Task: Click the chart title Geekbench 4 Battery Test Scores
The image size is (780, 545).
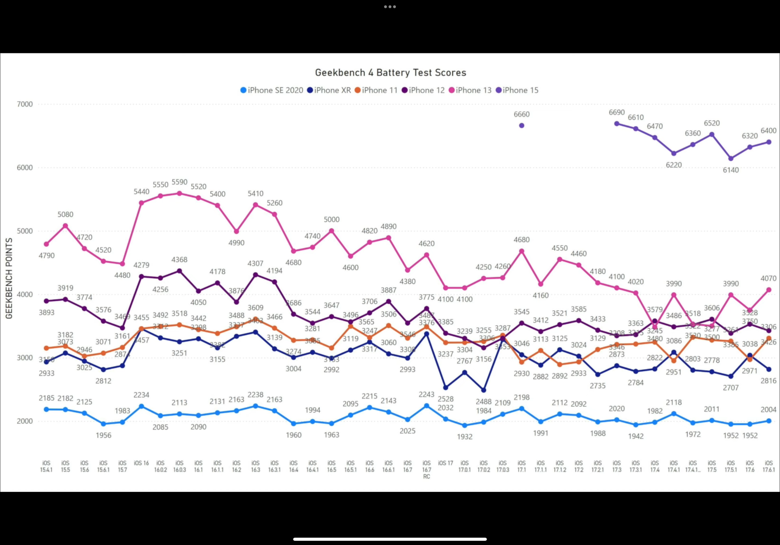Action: click(x=390, y=73)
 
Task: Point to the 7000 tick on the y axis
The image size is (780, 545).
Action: click(x=25, y=104)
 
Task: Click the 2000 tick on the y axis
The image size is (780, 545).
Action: click(x=25, y=421)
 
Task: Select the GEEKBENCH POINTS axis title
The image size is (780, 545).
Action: click(x=9, y=278)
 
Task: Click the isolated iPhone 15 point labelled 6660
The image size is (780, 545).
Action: click(x=521, y=126)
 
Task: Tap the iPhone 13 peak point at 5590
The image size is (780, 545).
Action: click(x=179, y=194)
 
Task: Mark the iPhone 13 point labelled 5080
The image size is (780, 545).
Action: click(x=66, y=226)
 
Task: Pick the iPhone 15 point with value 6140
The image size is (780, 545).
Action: click(x=731, y=158)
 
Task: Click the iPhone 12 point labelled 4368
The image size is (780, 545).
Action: click(x=179, y=271)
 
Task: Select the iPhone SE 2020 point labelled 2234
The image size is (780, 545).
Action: click(x=142, y=407)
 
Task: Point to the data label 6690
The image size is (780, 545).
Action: click(x=617, y=112)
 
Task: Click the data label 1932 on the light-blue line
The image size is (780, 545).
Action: click(x=464, y=437)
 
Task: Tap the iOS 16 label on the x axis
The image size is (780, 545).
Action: click(x=142, y=463)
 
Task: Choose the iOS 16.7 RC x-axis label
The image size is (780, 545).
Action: click(x=427, y=470)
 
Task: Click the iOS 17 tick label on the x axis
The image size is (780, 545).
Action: click(x=445, y=463)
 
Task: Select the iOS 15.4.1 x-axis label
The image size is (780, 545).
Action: click(x=46, y=466)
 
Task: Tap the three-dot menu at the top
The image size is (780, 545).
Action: click(x=390, y=7)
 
